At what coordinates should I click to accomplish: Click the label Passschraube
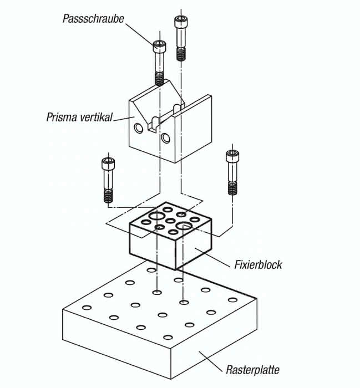click(x=93, y=19)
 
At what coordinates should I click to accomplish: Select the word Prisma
click(x=62, y=117)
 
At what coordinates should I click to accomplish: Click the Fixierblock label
click(x=258, y=265)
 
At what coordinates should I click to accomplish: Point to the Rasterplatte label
click(x=252, y=370)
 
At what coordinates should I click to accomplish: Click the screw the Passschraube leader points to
click(x=159, y=63)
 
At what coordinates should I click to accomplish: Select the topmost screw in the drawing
click(x=181, y=38)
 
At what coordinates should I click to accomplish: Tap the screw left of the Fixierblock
click(x=108, y=180)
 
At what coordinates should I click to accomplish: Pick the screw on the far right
click(x=232, y=173)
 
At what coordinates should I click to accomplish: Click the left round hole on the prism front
click(x=139, y=128)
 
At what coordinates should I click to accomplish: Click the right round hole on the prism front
click(x=165, y=138)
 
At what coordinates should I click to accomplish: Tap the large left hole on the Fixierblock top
click(x=156, y=216)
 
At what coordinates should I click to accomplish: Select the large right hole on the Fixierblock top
click(x=183, y=226)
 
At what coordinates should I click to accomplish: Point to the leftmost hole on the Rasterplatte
click(x=87, y=308)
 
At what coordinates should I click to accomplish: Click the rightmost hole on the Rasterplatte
click(x=232, y=300)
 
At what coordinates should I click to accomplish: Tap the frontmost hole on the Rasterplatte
click(x=168, y=337)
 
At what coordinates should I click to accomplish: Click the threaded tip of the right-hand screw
click(x=232, y=188)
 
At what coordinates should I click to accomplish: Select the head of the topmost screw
click(x=181, y=22)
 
